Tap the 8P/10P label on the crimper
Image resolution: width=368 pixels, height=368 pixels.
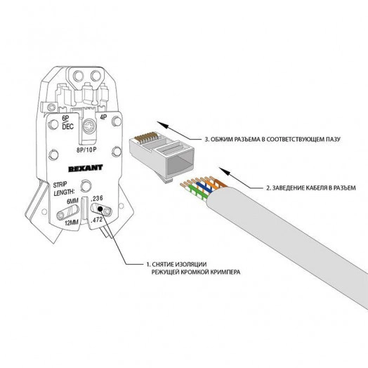tap(88, 150)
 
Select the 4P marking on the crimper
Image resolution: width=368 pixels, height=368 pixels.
tap(103, 119)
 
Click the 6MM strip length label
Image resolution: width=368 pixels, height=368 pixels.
tap(72, 202)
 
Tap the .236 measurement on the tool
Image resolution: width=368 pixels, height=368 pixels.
tap(97, 199)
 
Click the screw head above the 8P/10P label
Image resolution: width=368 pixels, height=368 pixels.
tap(88, 129)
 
